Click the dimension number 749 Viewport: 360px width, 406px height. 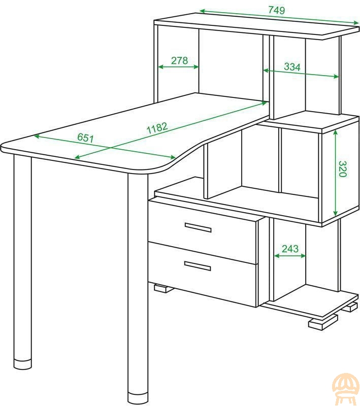(276, 10)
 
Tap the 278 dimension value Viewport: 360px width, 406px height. (179, 60)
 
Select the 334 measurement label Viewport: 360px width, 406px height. (292, 66)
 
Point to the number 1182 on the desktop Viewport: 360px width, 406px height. (157, 128)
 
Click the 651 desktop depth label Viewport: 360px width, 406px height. (85, 138)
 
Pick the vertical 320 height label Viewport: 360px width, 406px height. (342, 169)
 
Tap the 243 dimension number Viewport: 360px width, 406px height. (290, 249)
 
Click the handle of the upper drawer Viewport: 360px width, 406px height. (198, 227)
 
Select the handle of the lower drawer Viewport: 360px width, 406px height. (198, 265)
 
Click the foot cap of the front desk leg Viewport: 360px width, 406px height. (138, 399)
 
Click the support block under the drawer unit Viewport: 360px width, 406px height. (163, 288)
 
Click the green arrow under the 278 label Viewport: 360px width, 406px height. (178, 67)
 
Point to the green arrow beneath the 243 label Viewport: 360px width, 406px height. (290, 256)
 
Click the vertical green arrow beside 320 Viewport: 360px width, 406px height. (336, 173)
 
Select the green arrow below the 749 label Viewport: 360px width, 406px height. (280, 17)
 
